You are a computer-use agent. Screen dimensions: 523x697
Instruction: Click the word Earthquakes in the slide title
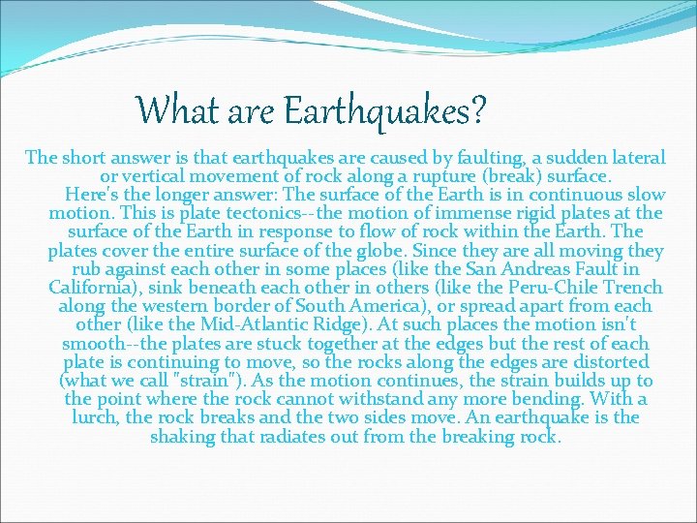click(383, 109)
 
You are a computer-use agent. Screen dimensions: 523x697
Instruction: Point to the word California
click(97, 288)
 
